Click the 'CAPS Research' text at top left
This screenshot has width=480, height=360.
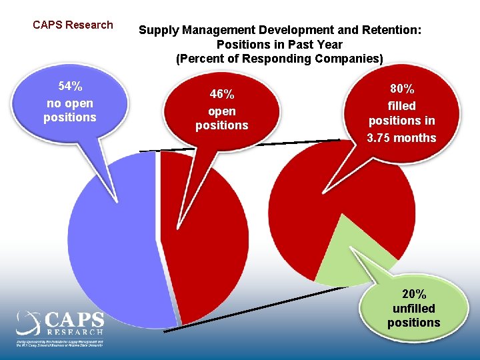[73, 25]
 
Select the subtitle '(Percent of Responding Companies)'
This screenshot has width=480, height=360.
[279, 59]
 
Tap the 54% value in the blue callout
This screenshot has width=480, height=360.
[70, 87]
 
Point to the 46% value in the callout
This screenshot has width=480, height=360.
[221, 95]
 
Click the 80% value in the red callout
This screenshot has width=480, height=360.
[401, 89]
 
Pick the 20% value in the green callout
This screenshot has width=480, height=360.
[413, 294]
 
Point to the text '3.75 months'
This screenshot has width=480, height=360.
[401, 139]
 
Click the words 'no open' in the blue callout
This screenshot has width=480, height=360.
[70, 103]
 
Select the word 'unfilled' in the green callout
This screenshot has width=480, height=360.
[413, 309]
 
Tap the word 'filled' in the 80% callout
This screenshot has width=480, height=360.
[401, 106]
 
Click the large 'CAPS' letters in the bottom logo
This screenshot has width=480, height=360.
[75, 320]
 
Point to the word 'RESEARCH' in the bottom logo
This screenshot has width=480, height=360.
[75, 332]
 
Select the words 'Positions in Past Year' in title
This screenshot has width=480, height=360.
[279, 45]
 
